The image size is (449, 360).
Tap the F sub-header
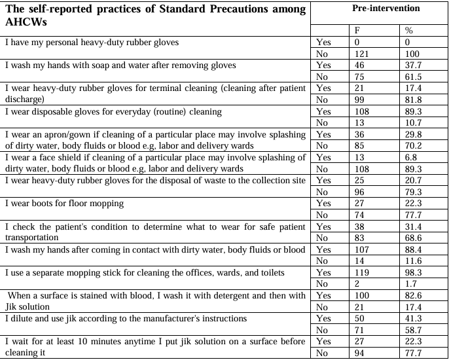click(356, 31)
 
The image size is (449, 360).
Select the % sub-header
click(409, 31)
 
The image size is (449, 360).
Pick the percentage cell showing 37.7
click(414, 65)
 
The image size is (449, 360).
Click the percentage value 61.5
click(414, 76)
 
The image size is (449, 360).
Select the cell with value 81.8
click(414, 99)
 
